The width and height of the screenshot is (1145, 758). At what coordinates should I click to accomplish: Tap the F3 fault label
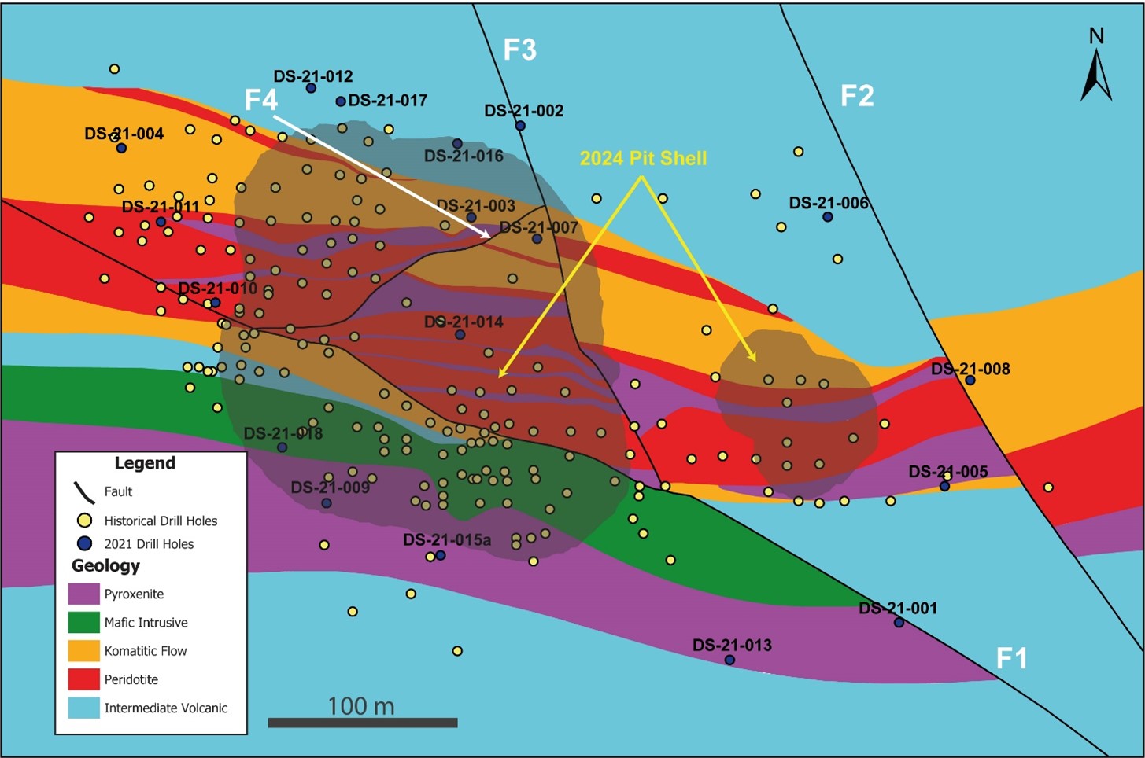pyautogui.click(x=519, y=50)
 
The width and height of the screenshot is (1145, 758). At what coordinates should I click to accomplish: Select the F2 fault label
pyautogui.click(x=857, y=96)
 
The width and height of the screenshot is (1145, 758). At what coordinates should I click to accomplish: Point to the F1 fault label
pyautogui.click(x=1011, y=658)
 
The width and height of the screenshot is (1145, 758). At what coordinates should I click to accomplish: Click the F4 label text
pyautogui.click(x=260, y=101)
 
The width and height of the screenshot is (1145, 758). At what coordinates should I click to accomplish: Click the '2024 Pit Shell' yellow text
pyautogui.click(x=643, y=158)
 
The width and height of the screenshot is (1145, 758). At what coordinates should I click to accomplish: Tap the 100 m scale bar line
pyautogui.click(x=362, y=723)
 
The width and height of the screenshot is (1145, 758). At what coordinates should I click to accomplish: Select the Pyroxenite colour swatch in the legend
pyautogui.click(x=83, y=594)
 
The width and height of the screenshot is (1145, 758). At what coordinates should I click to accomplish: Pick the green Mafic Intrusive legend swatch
pyautogui.click(x=83, y=622)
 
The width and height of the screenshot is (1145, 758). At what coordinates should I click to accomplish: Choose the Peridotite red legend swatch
pyautogui.click(x=83, y=679)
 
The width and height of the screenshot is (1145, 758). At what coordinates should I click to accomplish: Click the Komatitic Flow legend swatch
pyautogui.click(x=83, y=651)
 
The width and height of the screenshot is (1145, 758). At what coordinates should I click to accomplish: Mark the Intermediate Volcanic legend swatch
pyautogui.click(x=83, y=708)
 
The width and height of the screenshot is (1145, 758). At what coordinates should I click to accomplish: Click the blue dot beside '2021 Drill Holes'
pyautogui.click(x=84, y=543)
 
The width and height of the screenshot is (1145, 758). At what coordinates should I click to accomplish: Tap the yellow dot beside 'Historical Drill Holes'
pyautogui.click(x=84, y=521)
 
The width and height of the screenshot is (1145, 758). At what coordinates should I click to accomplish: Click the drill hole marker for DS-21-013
pyautogui.click(x=729, y=660)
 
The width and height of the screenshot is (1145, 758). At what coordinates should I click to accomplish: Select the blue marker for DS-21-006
pyautogui.click(x=827, y=217)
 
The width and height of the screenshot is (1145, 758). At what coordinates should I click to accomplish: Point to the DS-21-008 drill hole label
pyautogui.click(x=970, y=369)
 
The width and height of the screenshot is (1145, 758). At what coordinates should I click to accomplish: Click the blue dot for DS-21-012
pyautogui.click(x=311, y=88)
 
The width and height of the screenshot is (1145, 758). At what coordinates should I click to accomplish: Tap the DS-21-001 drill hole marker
pyautogui.click(x=899, y=623)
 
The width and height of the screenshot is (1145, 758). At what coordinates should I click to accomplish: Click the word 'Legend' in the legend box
pyautogui.click(x=145, y=463)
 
